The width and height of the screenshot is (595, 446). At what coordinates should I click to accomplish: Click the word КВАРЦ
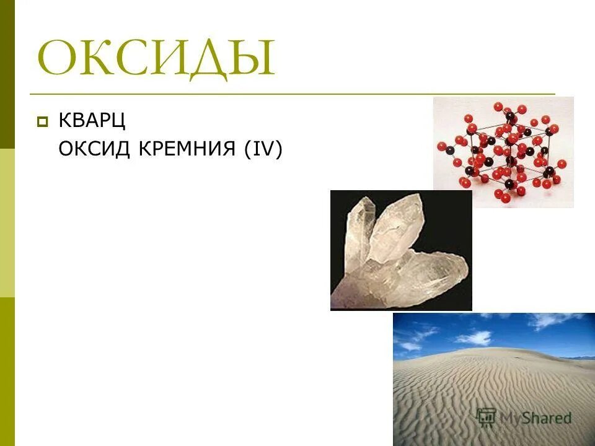[x=92, y=120]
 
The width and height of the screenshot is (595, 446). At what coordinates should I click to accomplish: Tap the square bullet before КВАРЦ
[x=42, y=121]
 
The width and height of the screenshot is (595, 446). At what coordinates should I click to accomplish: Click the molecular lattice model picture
[x=503, y=152]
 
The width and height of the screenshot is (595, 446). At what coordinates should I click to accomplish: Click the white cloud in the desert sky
[x=474, y=337]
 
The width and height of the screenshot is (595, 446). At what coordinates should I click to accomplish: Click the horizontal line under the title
[x=291, y=94]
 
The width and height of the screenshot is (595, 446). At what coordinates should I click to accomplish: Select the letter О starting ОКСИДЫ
[x=59, y=59]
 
